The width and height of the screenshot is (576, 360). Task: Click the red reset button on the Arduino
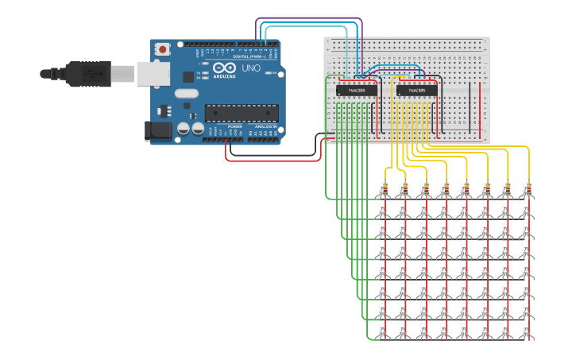pos(163,49)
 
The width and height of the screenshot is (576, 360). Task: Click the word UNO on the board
pos(250,69)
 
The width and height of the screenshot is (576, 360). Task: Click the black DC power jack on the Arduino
pos(157,130)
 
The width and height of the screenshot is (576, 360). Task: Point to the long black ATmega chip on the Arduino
pos(242,113)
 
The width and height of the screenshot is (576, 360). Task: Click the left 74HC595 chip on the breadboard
pos(356,91)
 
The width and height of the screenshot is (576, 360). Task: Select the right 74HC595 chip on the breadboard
pos(416,91)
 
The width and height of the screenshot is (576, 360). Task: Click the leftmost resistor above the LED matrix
pos(384,188)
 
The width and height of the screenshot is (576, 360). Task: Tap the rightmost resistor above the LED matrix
pos(527,188)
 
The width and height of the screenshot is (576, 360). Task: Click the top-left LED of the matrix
pos(384,209)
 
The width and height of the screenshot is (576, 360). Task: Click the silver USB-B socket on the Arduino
pos(153,74)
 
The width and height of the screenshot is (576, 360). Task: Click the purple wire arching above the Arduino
pos(310,18)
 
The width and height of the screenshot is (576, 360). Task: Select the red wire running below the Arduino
pos(270,160)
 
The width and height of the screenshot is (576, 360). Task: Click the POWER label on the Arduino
pos(235,127)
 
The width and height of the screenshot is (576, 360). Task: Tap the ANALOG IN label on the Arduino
pos(265,127)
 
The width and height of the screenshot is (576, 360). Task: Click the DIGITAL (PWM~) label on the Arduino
pos(247,56)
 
